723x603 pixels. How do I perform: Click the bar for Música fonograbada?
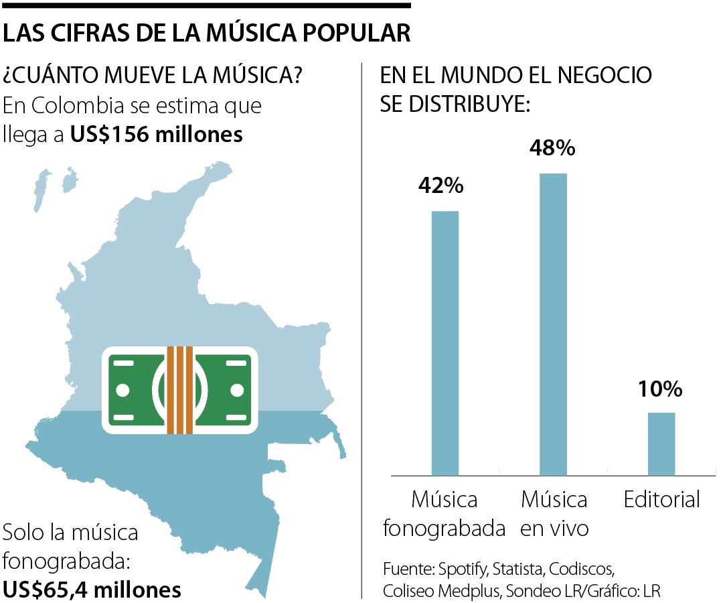(445, 343)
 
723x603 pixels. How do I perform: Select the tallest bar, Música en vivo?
(553, 324)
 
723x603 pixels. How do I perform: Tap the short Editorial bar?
(661, 444)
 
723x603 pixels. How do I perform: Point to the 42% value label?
(440, 186)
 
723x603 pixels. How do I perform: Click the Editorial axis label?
(661, 499)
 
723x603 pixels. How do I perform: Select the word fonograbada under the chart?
(444, 529)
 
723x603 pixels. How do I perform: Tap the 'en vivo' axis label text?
(554, 529)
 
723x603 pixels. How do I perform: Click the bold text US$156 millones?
(157, 135)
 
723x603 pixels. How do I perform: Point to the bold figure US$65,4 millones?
(92, 590)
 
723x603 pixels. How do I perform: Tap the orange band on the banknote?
(179, 389)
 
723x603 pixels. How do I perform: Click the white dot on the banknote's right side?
(236, 389)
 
